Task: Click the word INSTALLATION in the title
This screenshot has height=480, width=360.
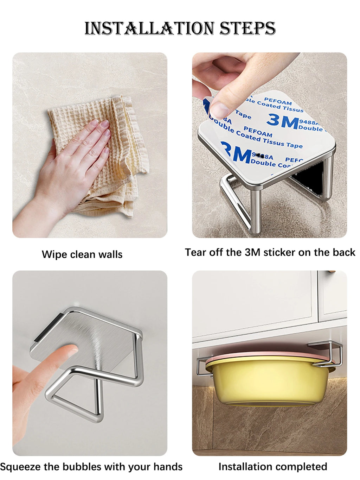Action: pyautogui.click(x=149, y=28)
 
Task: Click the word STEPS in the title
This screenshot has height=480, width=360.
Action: pyautogui.click(x=247, y=28)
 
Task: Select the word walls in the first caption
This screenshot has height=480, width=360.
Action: pyautogui.click(x=110, y=254)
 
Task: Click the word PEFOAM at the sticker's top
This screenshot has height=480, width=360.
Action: pyautogui.click(x=278, y=102)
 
